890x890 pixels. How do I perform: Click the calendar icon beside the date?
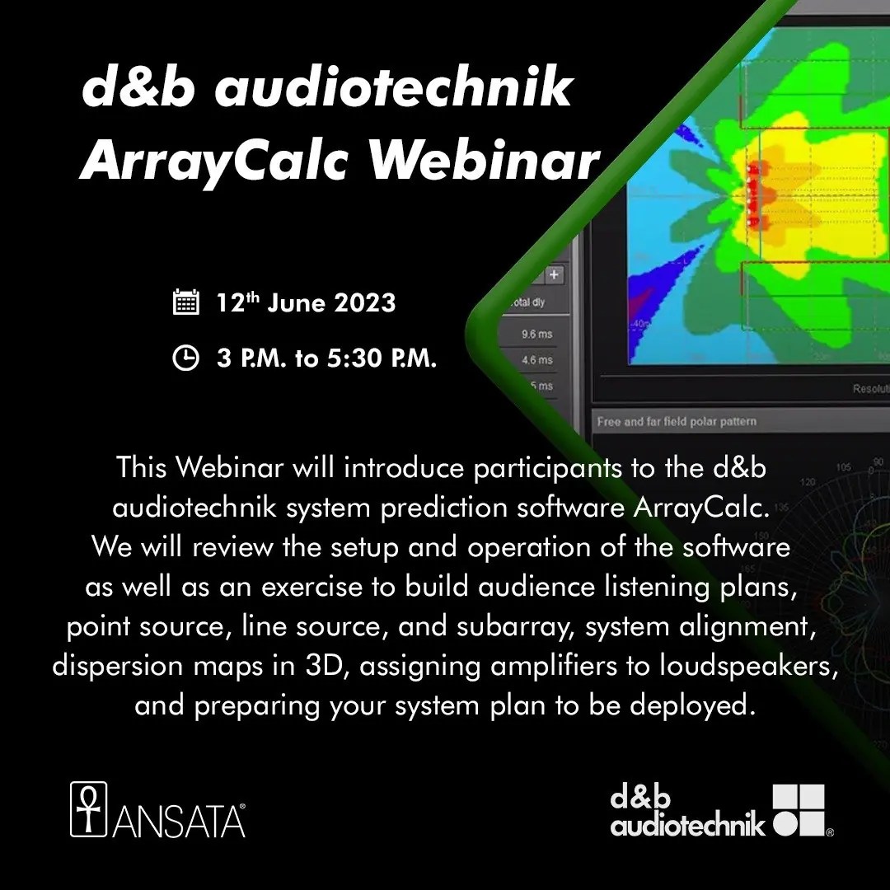click(x=185, y=302)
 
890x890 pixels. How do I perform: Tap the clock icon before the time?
click(x=185, y=358)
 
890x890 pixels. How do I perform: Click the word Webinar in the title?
click(x=483, y=160)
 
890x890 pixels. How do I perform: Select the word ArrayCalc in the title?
click(x=217, y=160)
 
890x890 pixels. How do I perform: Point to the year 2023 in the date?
click(x=365, y=303)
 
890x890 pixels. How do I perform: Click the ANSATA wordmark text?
click(x=178, y=821)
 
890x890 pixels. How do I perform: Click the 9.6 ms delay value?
click(x=537, y=335)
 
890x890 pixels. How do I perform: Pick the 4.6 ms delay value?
click(x=537, y=360)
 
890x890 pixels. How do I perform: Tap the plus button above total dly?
click(x=554, y=274)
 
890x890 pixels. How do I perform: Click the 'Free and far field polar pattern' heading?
click(x=676, y=422)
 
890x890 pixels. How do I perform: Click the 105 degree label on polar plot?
click(x=842, y=466)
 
